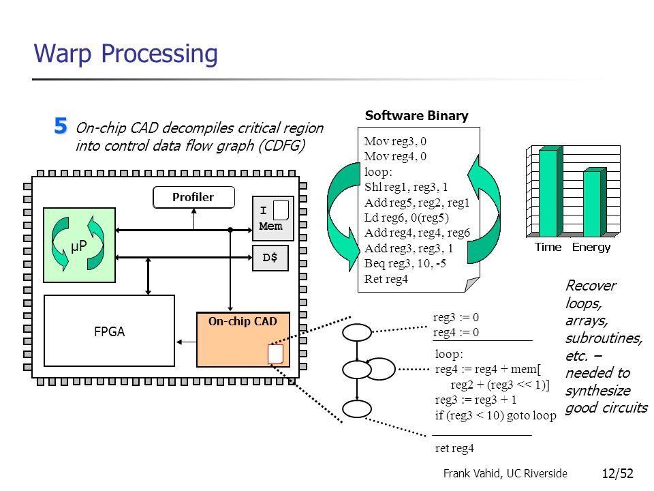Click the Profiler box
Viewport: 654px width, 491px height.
193,197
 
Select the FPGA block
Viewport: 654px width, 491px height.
109,331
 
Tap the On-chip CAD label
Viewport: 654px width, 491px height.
243,321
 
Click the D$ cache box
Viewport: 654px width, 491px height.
270,258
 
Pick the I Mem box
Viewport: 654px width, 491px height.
273,218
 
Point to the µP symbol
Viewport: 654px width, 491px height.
79,246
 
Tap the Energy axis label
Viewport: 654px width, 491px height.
591,247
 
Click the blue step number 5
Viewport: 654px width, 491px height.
61,125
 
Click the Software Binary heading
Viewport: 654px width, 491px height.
417,116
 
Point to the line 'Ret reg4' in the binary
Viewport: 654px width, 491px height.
386,279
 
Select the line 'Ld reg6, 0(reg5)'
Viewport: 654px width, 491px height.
406,218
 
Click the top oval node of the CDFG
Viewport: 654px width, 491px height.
357,332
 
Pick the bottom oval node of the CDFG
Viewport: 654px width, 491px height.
357,408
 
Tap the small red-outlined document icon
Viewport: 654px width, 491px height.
275,354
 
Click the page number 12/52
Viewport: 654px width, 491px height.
618,473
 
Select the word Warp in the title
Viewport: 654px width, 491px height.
63,55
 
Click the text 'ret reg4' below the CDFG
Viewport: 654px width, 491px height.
454,448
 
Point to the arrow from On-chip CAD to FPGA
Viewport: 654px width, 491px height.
186,342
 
